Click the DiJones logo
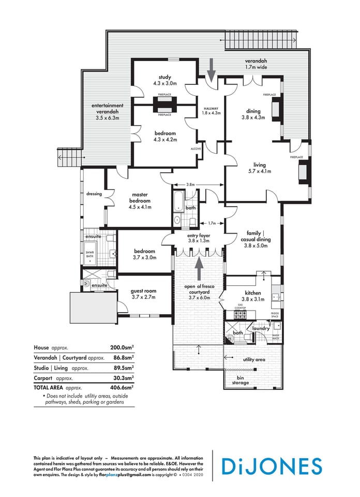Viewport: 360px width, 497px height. pyautogui.click(x=272, y=466)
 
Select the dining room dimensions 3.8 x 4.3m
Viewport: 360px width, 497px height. pyautogui.click(x=253, y=118)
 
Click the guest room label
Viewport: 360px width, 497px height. pyautogui.click(x=143, y=291)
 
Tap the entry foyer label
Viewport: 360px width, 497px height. pyautogui.click(x=199, y=235)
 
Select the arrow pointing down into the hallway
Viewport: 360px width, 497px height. pyautogui.click(x=211, y=69)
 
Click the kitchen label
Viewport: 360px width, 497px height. pyautogui.click(x=253, y=293)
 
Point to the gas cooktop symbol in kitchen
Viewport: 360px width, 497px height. pyautogui.click(x=240, y=314)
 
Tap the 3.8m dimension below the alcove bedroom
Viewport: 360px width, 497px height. pyautogui.click(x=190, y=184)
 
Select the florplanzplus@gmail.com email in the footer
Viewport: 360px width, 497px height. pyautogui.click(x=125, y=474)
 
